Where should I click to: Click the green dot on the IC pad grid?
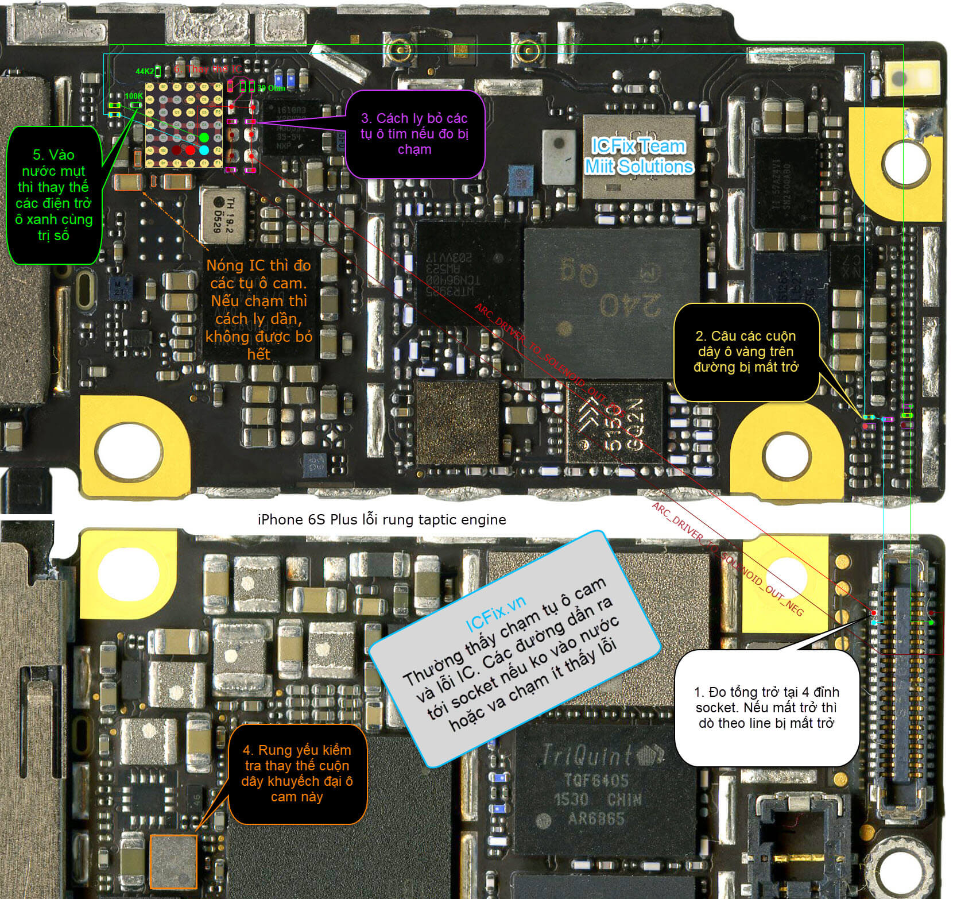[204, 138]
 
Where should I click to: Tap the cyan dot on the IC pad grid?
[204, 150]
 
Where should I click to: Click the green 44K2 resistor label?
[144, 72]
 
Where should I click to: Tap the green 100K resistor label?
[133, 96]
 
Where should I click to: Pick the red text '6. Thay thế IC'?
[200, 70]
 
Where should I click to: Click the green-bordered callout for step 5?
[54, 195]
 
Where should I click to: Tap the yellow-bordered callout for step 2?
[746, 352]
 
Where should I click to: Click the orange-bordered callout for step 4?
[296, 773]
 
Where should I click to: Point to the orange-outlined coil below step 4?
[173, 861]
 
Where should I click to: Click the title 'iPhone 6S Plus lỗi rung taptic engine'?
[382, 520]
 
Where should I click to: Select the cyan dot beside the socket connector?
[874, 622]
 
